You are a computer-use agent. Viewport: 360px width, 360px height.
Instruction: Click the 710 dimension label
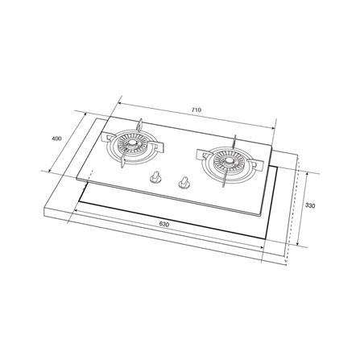[197, 110]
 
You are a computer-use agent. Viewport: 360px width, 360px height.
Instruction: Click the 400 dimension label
[56, 139]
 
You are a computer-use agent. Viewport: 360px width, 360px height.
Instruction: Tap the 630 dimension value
[164, 225]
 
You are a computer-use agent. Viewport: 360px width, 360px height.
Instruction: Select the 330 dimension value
[310, 206]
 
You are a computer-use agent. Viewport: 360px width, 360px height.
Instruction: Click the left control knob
[155, 177]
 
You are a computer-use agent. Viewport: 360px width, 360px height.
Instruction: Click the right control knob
[184, 183]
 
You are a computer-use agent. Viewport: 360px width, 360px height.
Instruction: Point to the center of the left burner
[132, 143]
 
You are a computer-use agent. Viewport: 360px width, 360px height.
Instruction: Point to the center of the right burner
[228, 161]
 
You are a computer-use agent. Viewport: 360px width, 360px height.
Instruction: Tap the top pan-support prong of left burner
[140, 126]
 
